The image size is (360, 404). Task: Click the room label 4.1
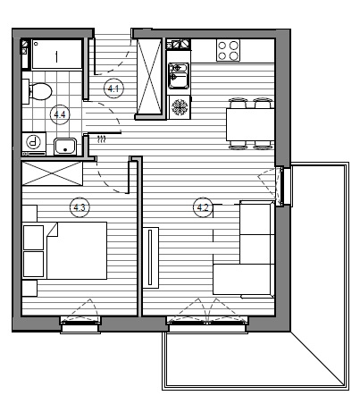[x=113, y=88]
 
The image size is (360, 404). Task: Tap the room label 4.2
[x=203, y=207]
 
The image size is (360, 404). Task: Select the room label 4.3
[x=80, y=207]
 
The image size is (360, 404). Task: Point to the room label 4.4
[x=60, y=114]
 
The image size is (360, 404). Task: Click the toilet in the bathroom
[x=37, y=91]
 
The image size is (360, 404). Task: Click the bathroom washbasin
[x=65, y=147]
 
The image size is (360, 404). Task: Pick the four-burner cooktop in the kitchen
[x=228, y=50]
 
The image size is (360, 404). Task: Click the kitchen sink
[x=179, y=75]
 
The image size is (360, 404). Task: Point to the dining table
[x=250, y=124]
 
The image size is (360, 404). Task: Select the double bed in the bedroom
[x=77, y=250]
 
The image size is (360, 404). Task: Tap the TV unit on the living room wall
[x=151, y=257]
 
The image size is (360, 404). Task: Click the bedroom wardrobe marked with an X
[x=52, y=173]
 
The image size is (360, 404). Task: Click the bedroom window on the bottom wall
[x=80, y=324]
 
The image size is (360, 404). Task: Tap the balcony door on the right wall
[x=282, y=187]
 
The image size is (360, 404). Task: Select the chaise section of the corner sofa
[x=243, y=279]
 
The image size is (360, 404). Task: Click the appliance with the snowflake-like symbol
[x=180, y=106]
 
